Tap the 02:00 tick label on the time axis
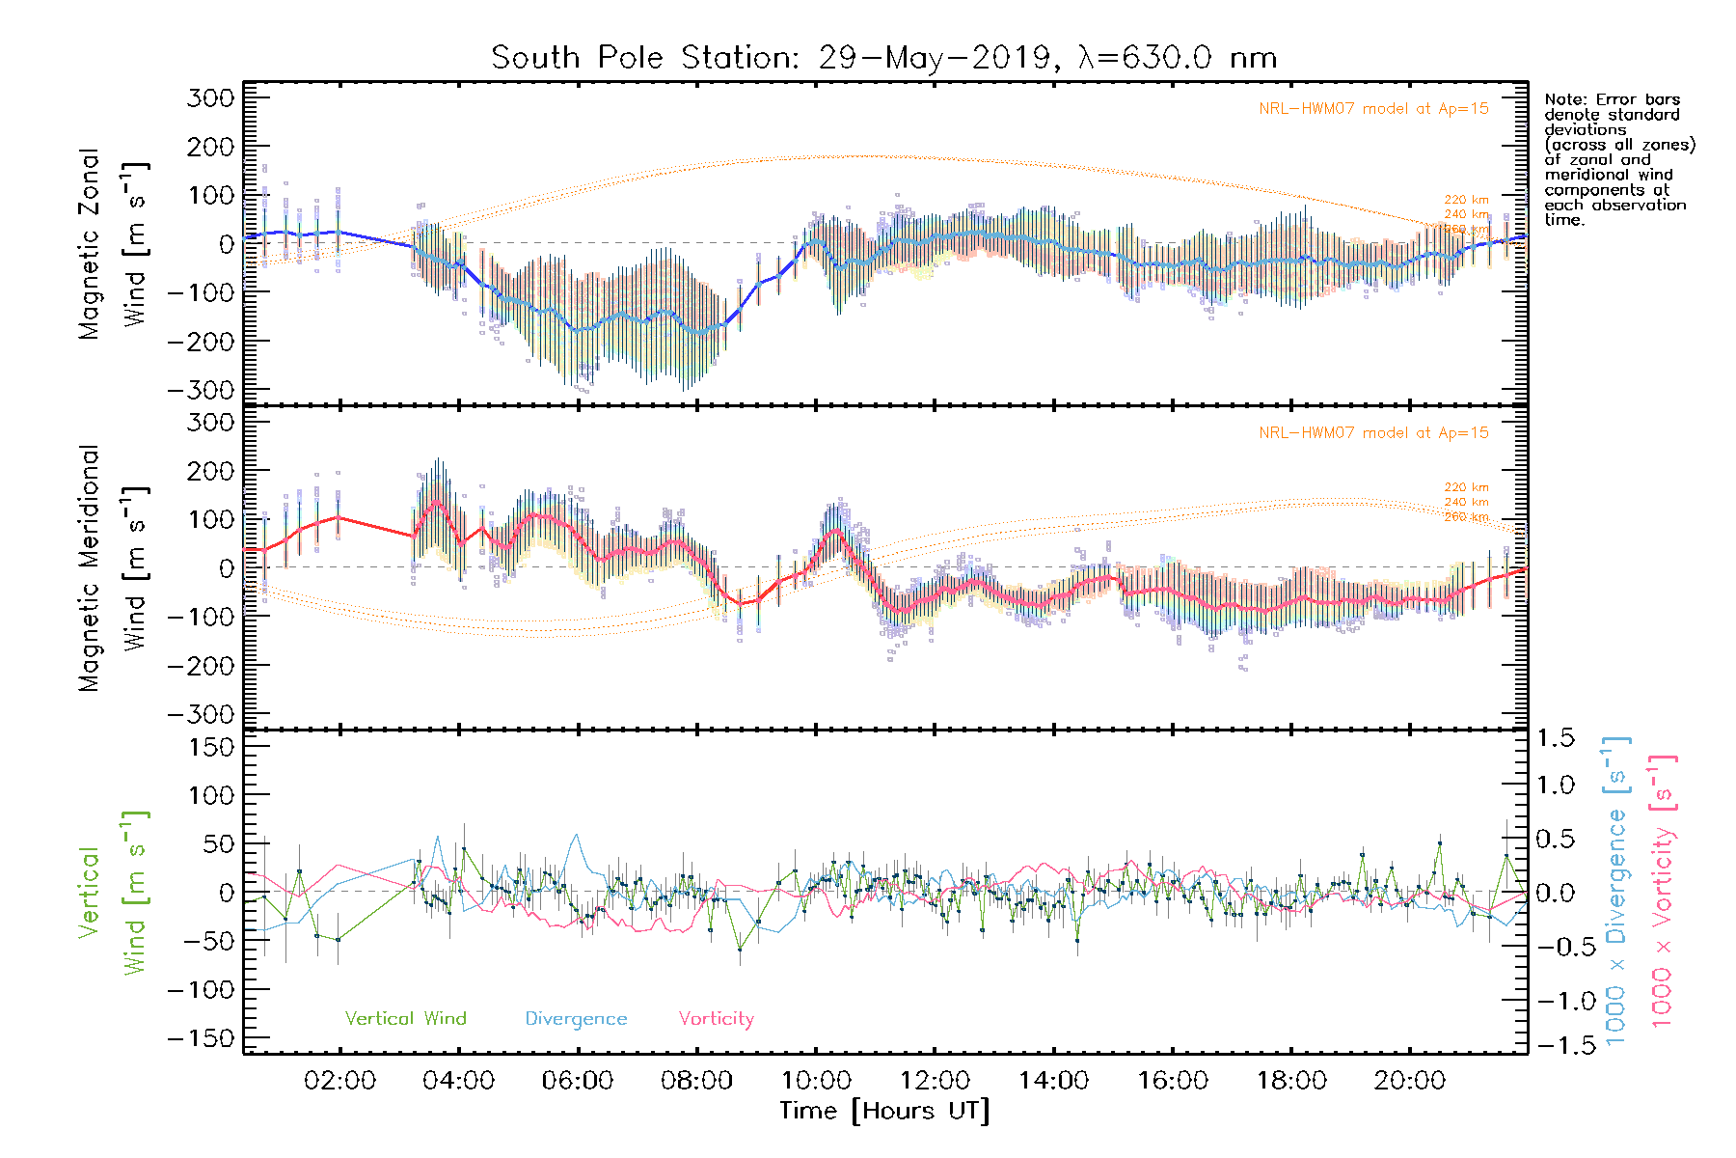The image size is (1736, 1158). tap(339, 1080)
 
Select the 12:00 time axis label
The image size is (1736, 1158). tap(935, 1080)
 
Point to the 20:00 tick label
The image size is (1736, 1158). tap(1410, 1080)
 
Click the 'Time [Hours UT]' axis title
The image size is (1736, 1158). tap(884, 1111)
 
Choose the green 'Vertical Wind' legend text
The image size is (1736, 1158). tap(405, 1018)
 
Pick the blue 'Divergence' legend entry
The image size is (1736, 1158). tap(576, 1018)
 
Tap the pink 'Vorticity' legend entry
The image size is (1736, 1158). tap(716, 1018)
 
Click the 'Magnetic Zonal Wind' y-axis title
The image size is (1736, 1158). tap(114, 243)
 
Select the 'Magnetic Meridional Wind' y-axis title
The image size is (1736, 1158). tap(114, 567)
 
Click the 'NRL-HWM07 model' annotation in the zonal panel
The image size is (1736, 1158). tap(1373, 108)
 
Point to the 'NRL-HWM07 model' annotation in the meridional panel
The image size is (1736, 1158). tap(1373, 432)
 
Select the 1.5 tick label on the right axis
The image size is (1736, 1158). tap(1555, 738)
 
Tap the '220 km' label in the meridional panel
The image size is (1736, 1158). tap(1466, 487)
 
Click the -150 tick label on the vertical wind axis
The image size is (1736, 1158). tap(202, 1038)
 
